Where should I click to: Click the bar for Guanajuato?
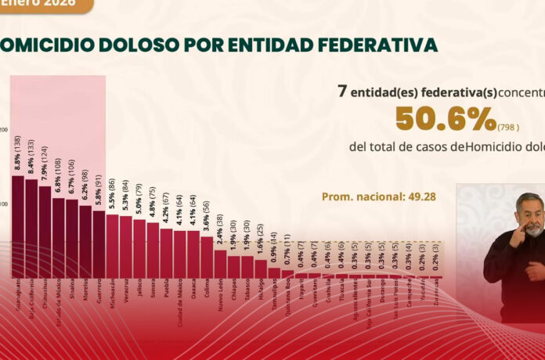pos(17,227)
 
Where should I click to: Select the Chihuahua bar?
pos(45,232)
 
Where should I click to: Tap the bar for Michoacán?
pos(112,246)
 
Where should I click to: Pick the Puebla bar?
pos(166,253)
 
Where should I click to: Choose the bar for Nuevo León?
pos(220,264)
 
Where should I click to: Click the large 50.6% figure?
pos(444,119)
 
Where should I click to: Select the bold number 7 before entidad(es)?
pos(341,91)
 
